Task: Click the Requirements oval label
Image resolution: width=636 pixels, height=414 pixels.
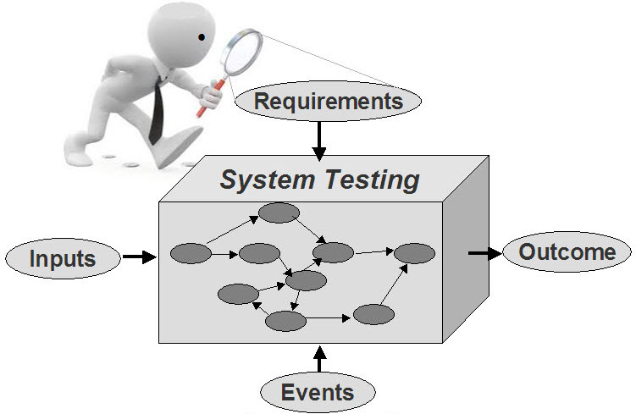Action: tap(328, 101)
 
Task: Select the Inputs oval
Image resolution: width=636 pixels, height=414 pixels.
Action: tap(63, 258)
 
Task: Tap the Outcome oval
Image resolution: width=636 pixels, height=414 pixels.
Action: tap(567, 251)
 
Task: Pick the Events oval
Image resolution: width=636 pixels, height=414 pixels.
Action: tap(318, 392)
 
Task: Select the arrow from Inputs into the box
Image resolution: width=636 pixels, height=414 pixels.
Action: tap(140, 257)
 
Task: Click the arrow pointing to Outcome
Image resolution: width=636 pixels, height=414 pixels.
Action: tap(485, 253)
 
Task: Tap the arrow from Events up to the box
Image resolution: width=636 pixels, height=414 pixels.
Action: tap(319, 358)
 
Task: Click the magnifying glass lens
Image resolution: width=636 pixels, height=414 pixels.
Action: tap(243, 52)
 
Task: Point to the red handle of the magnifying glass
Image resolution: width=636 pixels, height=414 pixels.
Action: tap(210, 97)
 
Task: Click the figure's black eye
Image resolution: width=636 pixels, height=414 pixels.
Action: tap(202, 37)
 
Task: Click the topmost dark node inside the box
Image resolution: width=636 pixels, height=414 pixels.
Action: tap(279, 213)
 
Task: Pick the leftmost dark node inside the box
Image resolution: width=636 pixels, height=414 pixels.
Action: tap(191, 253)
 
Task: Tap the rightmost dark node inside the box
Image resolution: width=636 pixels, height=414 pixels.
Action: tap(414, 253)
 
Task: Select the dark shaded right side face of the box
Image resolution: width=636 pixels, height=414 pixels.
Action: tap(466, 250)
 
